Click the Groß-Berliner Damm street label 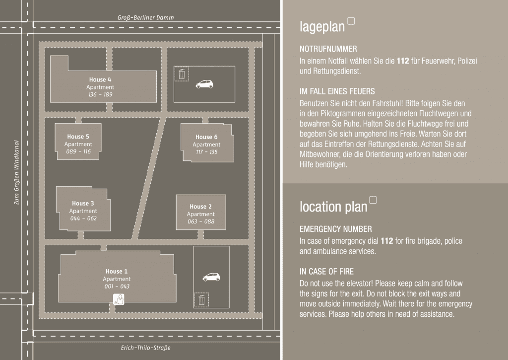pyautogui.click(x=145, y=17)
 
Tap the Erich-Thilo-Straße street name pyautogui.click(x=145, y=348)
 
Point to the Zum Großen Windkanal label pyautogui.click(x=16, y=172)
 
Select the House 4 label pyautogui.click(x=100, y=79)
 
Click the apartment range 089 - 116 pyautogui.click(x=78, y=151)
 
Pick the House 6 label pyautogui.click(x=206, y=137)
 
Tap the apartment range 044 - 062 pyautogui.click(x=83, y=218)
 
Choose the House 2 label pyautogui.click(x=200, y=207)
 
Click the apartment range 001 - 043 pyautogui.click(x=117, y=287)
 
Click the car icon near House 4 pyautogui.click(x=204, y=84)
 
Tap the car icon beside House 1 pyautogui.click(x=211, y=277)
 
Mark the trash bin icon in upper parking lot pyautogui.click(x=182, y=74)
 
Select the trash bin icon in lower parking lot pyautogui.click(x=201, y=300)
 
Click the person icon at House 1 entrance pyautogui.click(x=119, y=299)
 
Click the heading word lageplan pyautogui.click(x=322, y=27)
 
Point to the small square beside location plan pyautogui.click(x=373, y=200)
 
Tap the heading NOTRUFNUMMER pyautogui.click(x=328, y=49)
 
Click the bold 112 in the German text pyautogui.click(x=403, y=61)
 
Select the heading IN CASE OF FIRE pyautogui.click(x=326, y=272)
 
